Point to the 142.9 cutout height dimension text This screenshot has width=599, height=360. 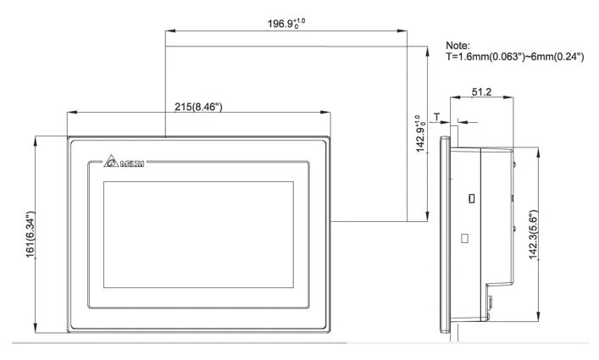tap(416, 136)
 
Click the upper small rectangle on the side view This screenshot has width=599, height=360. tap(471, 198)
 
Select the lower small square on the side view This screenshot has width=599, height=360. tap(464, 239)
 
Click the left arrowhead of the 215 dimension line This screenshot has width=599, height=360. tap(69, 113)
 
